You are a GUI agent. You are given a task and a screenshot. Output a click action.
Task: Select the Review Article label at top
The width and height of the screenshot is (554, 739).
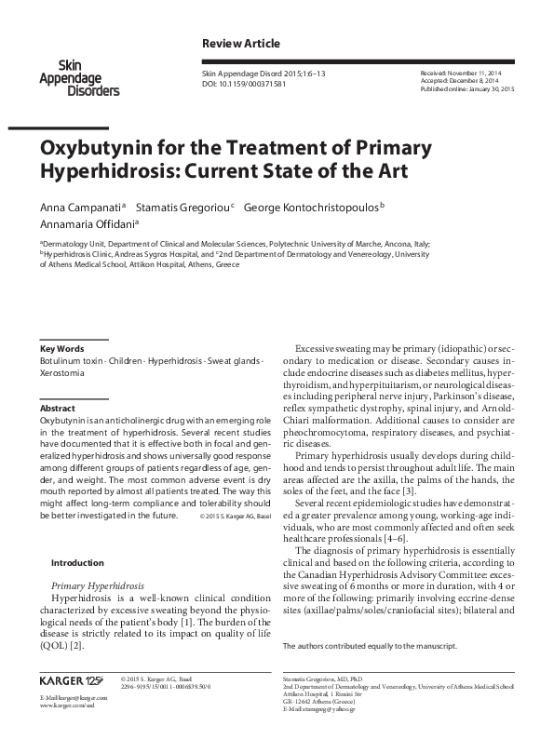[x=240, y=44]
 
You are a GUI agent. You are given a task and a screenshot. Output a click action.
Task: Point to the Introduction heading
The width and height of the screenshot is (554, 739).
[x=79, y=562]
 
